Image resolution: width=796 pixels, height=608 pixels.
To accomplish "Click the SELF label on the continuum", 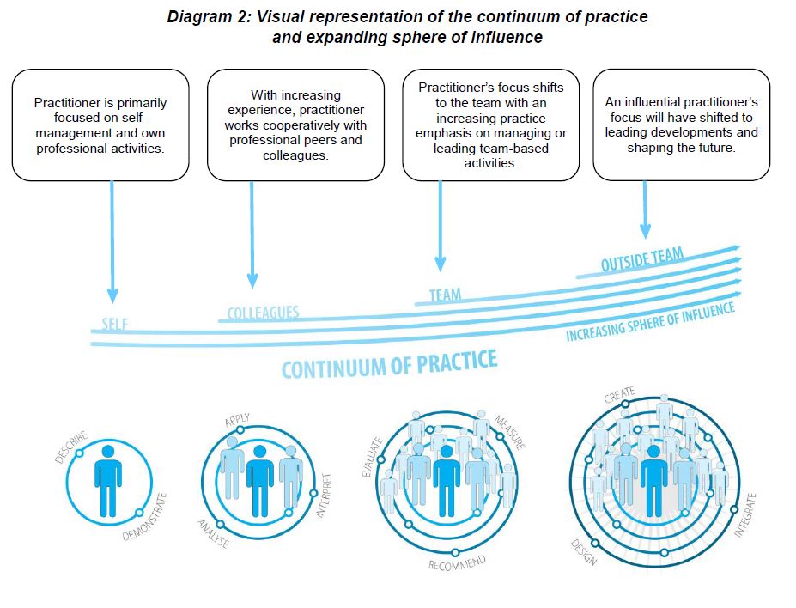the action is click(116, 324).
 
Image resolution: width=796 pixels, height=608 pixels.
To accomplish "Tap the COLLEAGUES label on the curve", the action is click(263, 313).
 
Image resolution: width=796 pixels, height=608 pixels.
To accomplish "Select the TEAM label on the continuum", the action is click(445, 295).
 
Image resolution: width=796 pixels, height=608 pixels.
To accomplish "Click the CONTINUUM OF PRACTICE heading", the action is click(389, 364).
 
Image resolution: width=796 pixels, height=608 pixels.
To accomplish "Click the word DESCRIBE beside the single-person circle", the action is click(70, 447).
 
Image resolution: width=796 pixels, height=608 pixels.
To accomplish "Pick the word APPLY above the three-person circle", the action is click(237, 420).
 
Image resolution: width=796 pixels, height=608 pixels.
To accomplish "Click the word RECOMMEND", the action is click(457, 563).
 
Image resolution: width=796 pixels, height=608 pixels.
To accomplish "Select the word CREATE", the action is click(619, 396).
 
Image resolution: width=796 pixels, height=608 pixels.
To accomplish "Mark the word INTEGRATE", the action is click(744, 515).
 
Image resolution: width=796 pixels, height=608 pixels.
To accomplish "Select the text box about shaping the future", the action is click(681, 125).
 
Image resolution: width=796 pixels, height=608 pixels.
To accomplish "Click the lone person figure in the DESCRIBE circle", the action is click(107, 481).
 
